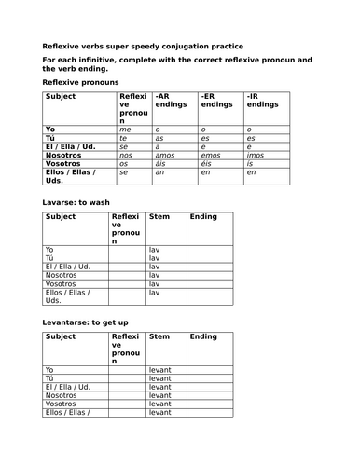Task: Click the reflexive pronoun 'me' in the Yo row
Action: click(123, 130)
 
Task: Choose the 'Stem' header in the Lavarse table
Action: click(159, 217)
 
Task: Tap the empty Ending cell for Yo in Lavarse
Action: click(209, 251)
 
